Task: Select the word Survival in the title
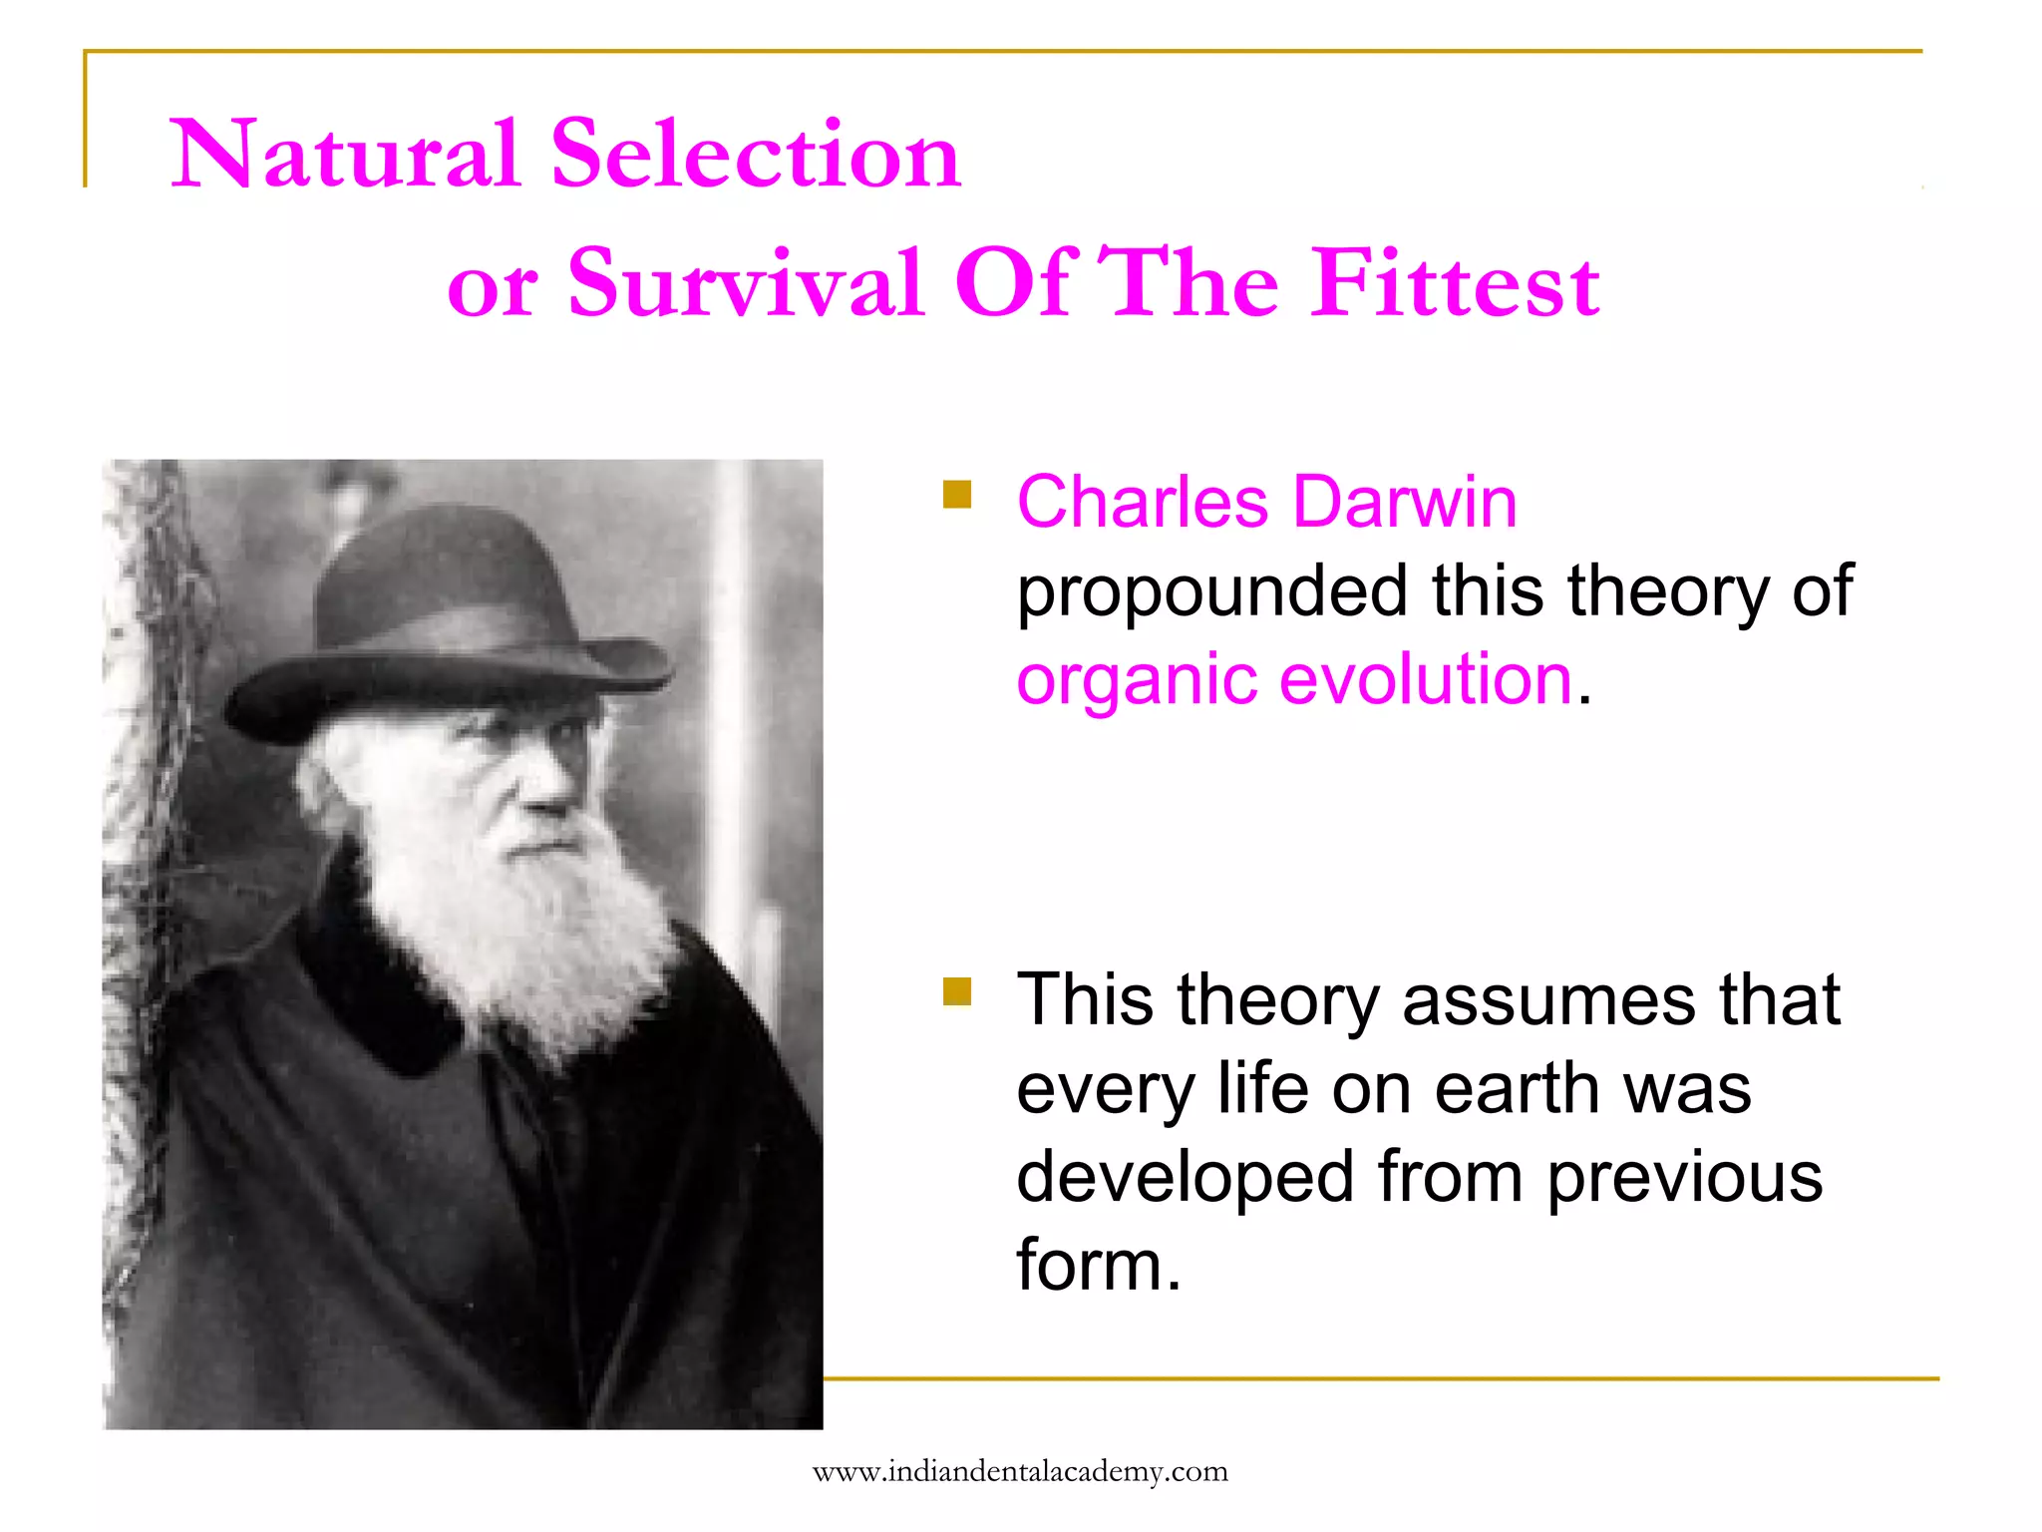(x=745, y=284)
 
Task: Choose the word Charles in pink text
(x=1142, y=502)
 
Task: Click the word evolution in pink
(x=1425, y=680)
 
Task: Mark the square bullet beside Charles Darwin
(x=957, y=495)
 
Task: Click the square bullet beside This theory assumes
(x=957, y=991)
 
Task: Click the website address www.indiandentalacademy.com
(x=1020, y=1472)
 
